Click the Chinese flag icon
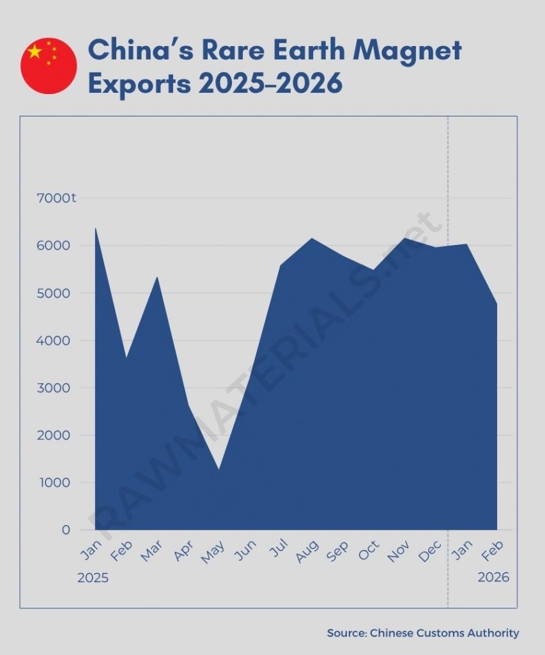coord(49,66)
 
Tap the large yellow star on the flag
coord(35,52)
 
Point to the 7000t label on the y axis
coord(56,198)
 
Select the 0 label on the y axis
coord(66,530)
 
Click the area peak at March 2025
coord(157,278)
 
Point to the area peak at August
coord(311,239)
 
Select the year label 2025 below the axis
coord(93,578)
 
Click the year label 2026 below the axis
coord(493,577)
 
